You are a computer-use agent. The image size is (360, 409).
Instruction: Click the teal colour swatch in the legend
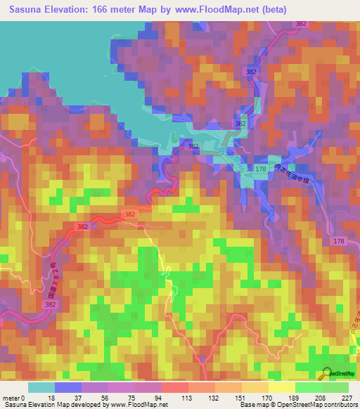point(41,387)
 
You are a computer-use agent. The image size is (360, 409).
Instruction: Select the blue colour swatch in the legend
point(68,387)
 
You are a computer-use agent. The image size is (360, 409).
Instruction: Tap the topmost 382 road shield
point(302,24)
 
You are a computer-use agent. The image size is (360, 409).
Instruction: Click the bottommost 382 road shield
point(49,305)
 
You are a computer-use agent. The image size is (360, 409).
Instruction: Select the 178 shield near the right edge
point(339,241)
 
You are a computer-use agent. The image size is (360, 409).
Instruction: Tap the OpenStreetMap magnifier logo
point(328,374)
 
